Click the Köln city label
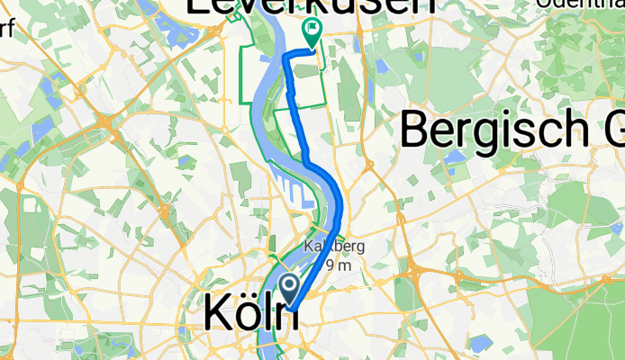[x=245, y=311]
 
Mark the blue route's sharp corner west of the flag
[x=286, y=58]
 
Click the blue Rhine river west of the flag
[x=274, y=54]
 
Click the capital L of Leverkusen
[x=197, y=5]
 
